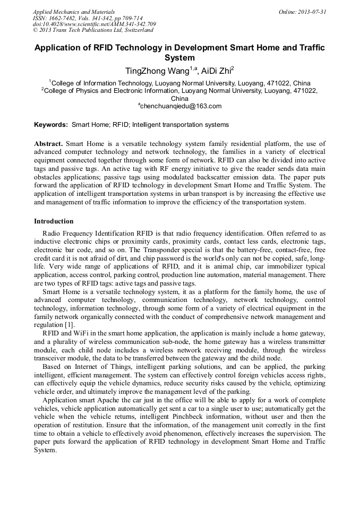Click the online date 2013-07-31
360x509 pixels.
pos(304,12)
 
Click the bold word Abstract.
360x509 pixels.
pos(48,144)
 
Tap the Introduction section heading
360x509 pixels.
pos(54,221)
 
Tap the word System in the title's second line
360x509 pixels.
pos(180,57)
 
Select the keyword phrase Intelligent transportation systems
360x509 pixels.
pos(181,125)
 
